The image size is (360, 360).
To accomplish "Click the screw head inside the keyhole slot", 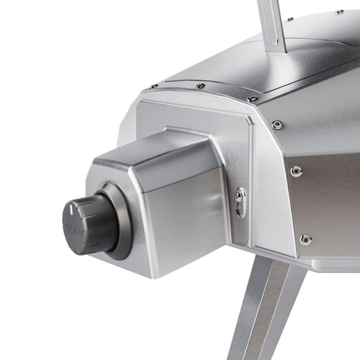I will tap(239, 195).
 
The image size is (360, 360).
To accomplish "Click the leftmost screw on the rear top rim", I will tap(153, 87).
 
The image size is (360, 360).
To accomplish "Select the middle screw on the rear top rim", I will tap(200, 86).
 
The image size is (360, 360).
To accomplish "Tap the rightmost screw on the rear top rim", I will tap(251, 98).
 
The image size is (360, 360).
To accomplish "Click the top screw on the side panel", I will tap(277, 124).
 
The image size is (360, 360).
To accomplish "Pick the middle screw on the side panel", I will tap(296, 171).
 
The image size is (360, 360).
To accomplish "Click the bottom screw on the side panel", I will tap(306, 239).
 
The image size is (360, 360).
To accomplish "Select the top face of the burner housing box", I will tap(154, 154).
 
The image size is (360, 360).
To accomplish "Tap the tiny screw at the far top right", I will tap(339, 11).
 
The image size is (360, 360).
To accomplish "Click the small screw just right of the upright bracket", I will tap(291, 19).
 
